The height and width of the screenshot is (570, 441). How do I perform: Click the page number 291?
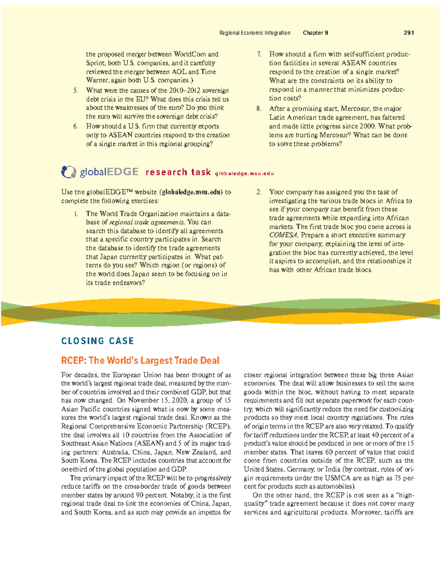(409, 33)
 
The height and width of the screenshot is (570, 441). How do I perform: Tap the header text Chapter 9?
(315, 33)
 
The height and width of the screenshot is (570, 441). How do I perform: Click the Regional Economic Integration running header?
(255, 33)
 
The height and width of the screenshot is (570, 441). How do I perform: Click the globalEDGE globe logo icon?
(68, 172)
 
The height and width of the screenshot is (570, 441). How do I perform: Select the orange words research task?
(178, 172)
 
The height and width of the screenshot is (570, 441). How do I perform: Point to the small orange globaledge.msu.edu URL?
(244, 174)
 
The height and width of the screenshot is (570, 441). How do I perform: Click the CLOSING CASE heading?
(97, 341)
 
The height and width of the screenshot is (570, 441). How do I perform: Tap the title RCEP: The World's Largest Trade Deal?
(140, 360)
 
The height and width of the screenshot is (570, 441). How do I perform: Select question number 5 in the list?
(75, 91)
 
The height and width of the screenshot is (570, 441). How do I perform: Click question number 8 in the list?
(259, 109)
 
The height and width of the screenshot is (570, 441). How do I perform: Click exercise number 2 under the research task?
(259, 192)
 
